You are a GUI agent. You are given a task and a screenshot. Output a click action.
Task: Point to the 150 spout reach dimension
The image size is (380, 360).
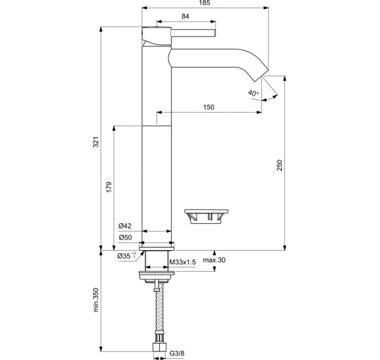tap(208, 107)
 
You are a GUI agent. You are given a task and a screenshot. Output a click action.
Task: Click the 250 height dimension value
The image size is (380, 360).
tap(280, 166)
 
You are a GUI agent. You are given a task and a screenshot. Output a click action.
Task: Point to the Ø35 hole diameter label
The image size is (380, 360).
tap(126, 257)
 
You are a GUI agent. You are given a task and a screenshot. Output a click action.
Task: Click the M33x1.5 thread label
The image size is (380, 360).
tap(183, 262)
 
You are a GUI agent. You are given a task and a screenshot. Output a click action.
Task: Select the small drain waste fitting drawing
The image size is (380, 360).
tap(206, 215)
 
